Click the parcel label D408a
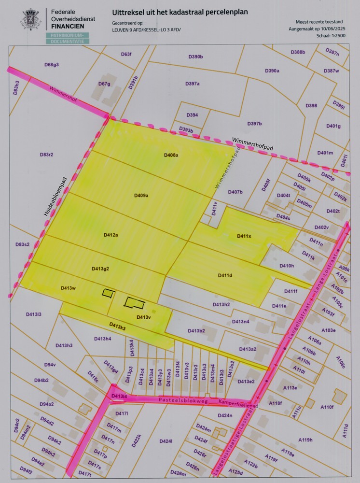pyautogui.click(x=171, y=155)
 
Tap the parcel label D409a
pyautogui.click(x=141, y=196)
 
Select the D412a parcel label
pyautogui.click(x=111, y=235)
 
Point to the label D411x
pyautogui.click(x=244, y=236)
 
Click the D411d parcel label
pyautogui.click(x=224, y=275)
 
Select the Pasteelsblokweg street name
pyautogui.click(x=181, y=400)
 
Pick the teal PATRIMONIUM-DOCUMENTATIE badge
pyautogui.click(x=67, y=39)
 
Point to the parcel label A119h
pyautogui.click(x=305, y=440)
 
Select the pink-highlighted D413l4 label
pyautogui.click(x=119, y=397)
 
